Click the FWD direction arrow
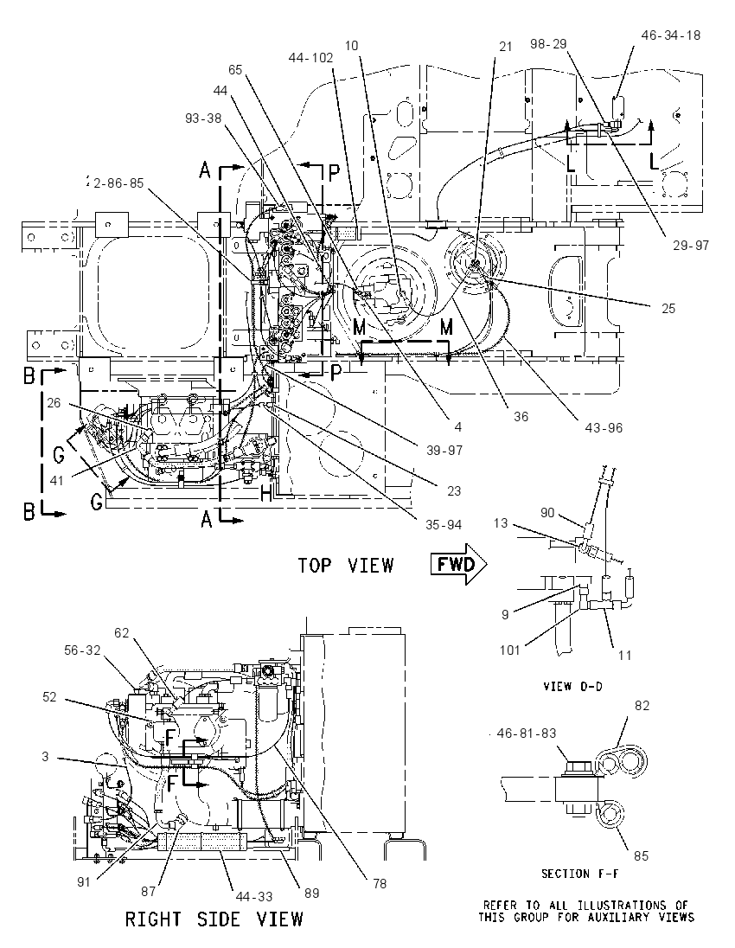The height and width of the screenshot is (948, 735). (458, 565)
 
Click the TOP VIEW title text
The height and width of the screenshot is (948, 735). (346, 566)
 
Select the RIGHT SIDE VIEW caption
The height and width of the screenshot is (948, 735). (214, 919)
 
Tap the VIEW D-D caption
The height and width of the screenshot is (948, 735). (572, 686)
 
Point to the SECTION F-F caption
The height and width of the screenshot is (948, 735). (579, 874)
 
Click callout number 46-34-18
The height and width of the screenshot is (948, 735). (671, 35)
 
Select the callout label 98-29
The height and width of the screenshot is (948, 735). (548, 44)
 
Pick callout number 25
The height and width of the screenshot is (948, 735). (668, 308)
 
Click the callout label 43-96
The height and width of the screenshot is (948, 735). (604, 428)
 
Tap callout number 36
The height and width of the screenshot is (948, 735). (521, 416)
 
